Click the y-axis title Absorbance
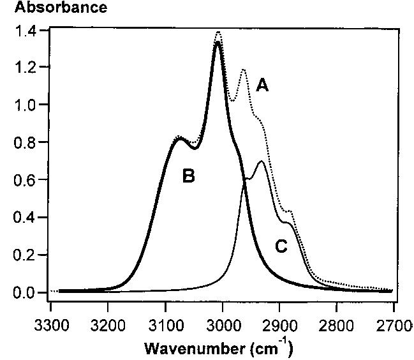tap(53, 8)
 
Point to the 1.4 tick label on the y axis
tap(26, 30)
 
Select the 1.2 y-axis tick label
tap(26, 67)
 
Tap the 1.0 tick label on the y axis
tap(26, 105)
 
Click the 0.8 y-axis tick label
tap(26, 142)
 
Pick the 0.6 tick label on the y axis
tap(26, 180)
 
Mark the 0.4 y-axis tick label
tap(26, 218)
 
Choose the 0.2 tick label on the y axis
tap(26, 255)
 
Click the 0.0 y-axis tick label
tap(26, 292)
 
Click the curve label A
tap(262, 86)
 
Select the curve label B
tap(188, 176)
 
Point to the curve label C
tap(282, 246)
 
